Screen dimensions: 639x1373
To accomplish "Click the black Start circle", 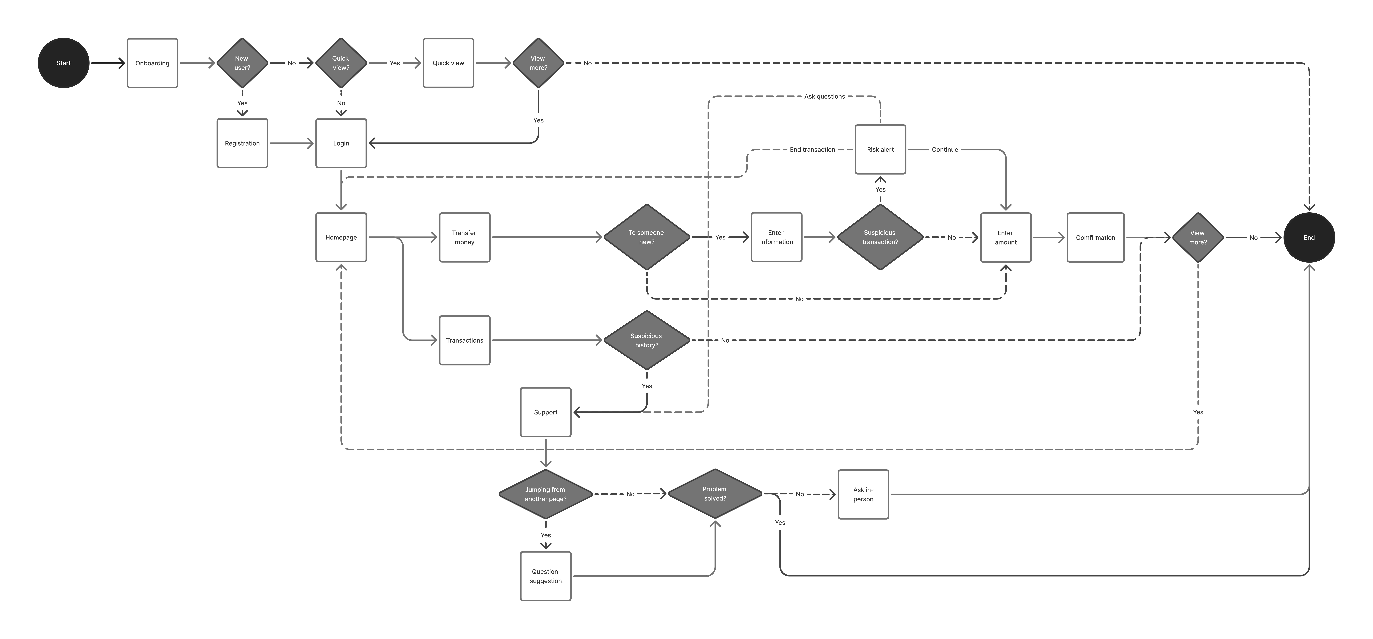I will (x=63, y=63).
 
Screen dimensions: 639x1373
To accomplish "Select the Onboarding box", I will (x=152, y=63).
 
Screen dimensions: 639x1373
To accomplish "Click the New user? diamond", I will (x=242, y=63).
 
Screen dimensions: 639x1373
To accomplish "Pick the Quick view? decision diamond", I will (x=341, y=63).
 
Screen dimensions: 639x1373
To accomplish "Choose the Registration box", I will (x=242, y=143).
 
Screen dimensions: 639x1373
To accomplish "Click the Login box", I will (x=341, y=143).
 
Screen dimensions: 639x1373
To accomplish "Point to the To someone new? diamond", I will (x=646, y=237).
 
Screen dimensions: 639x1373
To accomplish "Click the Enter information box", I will (x=776, y=237).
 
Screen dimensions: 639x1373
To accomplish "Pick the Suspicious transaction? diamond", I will (x=880, y=237).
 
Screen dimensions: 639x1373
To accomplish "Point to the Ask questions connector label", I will (x=824, y=96).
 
